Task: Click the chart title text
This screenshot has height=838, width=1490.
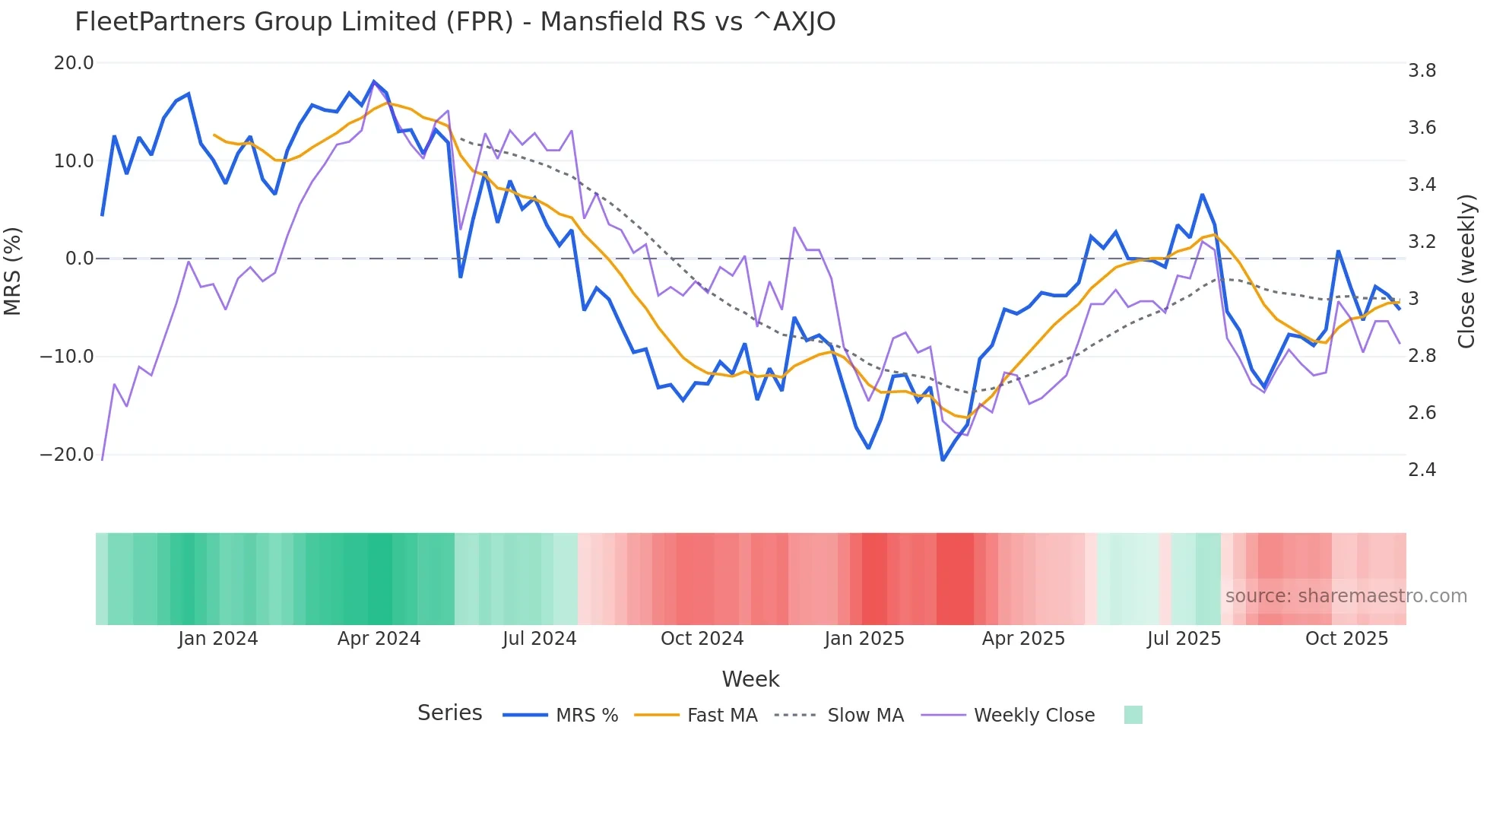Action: pyautogui.click(x=455, y=22)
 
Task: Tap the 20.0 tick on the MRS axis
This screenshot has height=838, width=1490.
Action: pyautogui.click(x=74, y=63)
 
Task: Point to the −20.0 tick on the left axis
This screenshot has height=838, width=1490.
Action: pyautogui.click(x=67, y=455)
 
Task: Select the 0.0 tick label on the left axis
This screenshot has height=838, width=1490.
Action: pyautogui.click(x=80, y=259)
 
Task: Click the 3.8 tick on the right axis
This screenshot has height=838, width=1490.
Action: pyautogui.click(x=1422, y=71)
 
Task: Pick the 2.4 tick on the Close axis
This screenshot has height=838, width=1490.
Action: pyautogui.click(x=1422, y=470)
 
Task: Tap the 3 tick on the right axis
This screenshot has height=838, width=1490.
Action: pyautogui.click(x=1413, y=299)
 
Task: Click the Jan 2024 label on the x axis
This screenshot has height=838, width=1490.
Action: pyautogui.click(x=218, y=639)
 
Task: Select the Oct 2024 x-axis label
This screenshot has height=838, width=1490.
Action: pyautogui.click(x=702, y=639)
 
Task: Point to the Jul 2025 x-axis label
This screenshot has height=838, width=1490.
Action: pyautogui.click(x=1184, y=639)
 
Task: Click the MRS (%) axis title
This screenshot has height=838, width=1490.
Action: pyautogui.click(x=13, y=271)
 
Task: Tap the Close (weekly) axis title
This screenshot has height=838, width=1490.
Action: pyautogui.click(x=1466, y=271)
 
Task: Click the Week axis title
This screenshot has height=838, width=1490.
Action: pyautogui.click(x=750, y=679)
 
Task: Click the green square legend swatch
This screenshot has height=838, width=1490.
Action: pyautogui.click(x=1133, y=715)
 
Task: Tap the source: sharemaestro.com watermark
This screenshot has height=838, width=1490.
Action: pyautogui.click(x=1346, y=596)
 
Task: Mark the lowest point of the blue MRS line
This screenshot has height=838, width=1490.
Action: pyautogui.click(x=943, y=460)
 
